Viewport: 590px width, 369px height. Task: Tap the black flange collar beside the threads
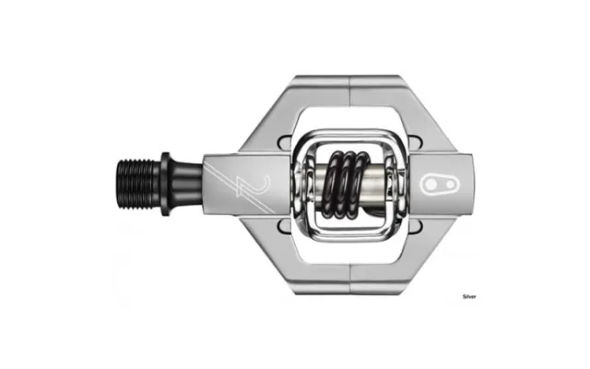[x=165, y=184]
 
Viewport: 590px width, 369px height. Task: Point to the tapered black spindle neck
[x=186, y=184]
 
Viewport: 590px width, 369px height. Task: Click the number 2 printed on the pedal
[x=253, y=185]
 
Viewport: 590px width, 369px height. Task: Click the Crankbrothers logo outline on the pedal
[x=441, y=184]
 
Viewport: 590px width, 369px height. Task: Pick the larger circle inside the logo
[x=431, y=184]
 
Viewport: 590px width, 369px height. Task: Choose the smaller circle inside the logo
[x=450, y=184]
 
